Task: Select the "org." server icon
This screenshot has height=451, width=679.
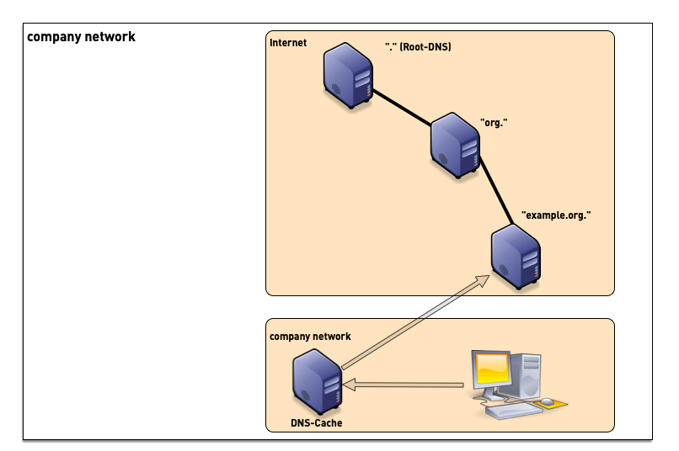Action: (455, 146)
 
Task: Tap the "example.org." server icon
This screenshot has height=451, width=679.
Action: (516, 256)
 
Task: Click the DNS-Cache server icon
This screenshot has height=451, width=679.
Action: (317, 383)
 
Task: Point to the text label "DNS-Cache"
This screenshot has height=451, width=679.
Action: (316, 423)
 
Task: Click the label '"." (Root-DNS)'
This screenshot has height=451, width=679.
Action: (417, 47)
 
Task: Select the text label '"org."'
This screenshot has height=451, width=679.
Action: (493, 123)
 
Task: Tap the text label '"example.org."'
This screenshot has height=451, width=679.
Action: (556, 215)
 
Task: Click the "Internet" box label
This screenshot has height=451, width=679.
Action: (288, 43)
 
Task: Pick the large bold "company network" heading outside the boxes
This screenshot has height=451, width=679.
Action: (81, 37)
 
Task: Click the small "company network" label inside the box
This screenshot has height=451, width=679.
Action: (310, 337)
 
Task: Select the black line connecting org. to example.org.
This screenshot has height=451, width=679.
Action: (497, 194)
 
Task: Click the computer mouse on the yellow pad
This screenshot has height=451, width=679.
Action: (548, 401)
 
